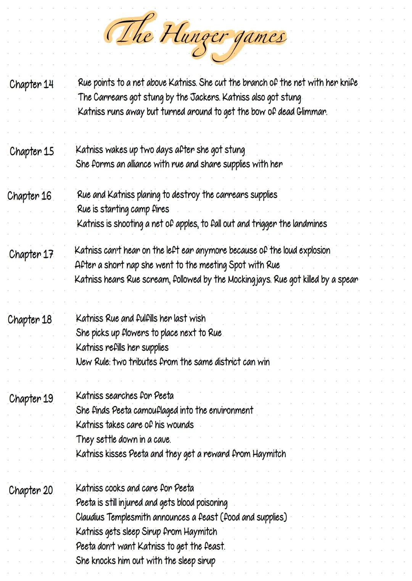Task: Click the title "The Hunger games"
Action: pos(195,36)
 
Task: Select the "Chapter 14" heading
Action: pos(32,84)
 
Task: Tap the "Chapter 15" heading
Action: pos(32,152)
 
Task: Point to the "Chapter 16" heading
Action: pos(29,196)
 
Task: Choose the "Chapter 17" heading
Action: pos(31,254)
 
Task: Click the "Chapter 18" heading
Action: pos(30,320)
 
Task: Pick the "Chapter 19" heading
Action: pos(31,399)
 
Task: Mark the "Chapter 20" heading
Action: pos(31,490)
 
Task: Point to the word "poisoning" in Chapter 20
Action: pos(212,503)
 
